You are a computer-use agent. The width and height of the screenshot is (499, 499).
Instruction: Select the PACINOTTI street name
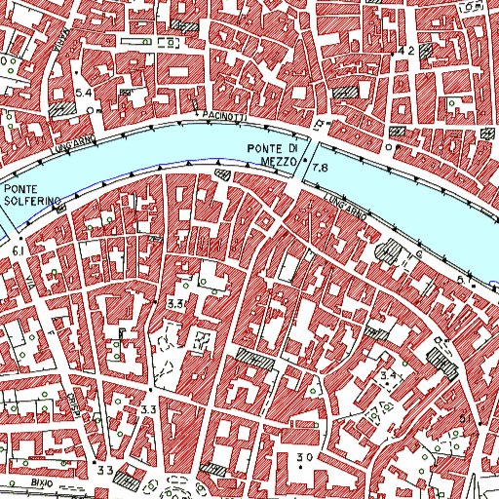(x=225, y=117)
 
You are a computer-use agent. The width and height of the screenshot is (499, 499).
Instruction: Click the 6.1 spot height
(x=19, y=250)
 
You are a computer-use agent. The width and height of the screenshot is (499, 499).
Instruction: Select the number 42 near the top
(x=407, y=49)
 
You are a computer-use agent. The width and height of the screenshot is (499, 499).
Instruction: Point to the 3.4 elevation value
(x=391, y=374)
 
